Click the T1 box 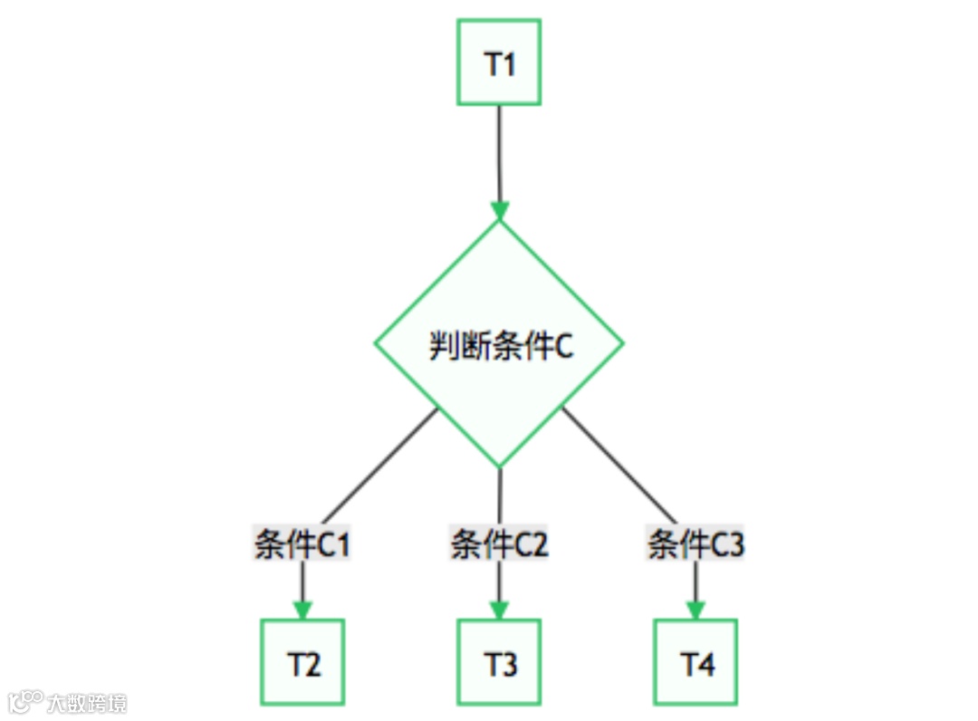tap(499, 62)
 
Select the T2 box tap(302, 662)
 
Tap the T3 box tap(499, 662)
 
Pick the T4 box tap(695, 662)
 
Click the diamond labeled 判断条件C tap(499, 344)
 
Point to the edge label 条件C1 tap(302, 545)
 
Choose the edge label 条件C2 tap(499, 545)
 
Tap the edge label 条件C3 tap(695, 545)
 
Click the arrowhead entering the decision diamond tap(499, 210)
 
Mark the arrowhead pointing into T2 tap(302, 610)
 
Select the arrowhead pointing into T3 tap(499, 610)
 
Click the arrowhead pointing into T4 tap(695, 610)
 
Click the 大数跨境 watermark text tap(87, 703)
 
